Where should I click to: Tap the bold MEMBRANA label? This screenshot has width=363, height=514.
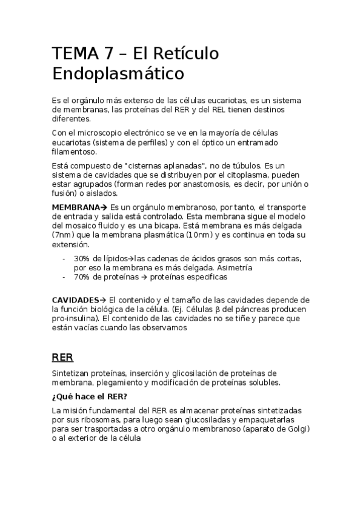pos(76,208)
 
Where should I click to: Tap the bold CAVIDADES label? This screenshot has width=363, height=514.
pos(76,301)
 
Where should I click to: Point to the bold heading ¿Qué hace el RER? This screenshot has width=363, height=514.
pos(90,397)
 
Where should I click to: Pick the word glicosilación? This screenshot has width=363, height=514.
pos(197,373)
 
